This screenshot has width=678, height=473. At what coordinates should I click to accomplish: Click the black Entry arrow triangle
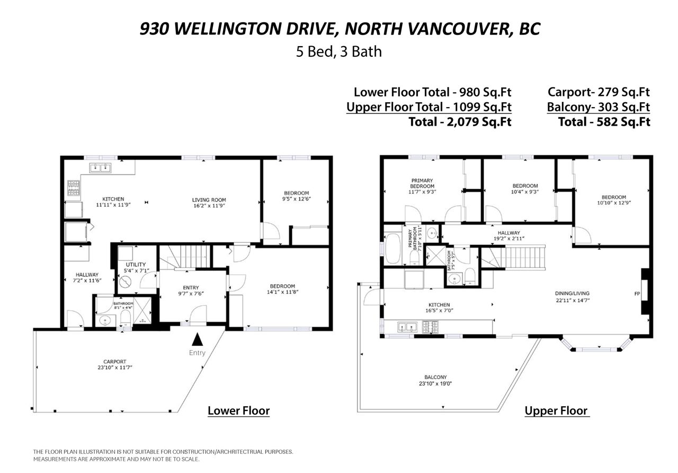pyautogui.click(x=198, y=339)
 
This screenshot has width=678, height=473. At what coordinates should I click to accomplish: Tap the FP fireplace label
pyautogui.click(x=637, y=294)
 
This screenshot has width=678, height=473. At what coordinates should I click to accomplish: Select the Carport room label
pyautogui.click(x=115, y=362)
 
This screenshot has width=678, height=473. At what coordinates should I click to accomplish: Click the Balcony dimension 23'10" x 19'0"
pyautogui.click(x=435, y=383)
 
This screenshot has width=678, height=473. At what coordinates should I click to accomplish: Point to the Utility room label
pyautogui.click(x=136, y=265)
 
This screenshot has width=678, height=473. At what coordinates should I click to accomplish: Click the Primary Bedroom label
pyautogui.click(x=422, y=183)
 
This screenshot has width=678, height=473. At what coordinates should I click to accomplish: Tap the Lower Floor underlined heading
pyautogui.click(x=238, y=411)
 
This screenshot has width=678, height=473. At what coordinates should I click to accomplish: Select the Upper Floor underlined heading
pyautogui.click(x=556, y=411)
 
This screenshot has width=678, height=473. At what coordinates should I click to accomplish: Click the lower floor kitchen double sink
pyautogui.click(x=100, y=168)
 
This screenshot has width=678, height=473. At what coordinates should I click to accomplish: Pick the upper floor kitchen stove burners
pyautogui.click(x=430, y=327)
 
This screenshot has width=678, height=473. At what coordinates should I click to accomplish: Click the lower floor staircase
pyautogui.click(x=185, y=257)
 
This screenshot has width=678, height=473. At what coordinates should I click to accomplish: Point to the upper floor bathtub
pyautogui.click(x=392, y=249)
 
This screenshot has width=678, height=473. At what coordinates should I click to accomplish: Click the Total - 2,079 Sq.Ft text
pyautogui.click(x=460, y=122)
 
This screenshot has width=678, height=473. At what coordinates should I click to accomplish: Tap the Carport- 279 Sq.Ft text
pyautogui.click(x=599, y=92)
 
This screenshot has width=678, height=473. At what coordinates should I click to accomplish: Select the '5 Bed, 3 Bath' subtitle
pyautogui.click(x=338, y=52)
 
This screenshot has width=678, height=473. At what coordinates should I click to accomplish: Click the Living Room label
pyautogui.click(x=209, y=200)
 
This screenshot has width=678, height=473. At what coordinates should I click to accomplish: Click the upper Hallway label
pyautogui.click(x=509, y=233)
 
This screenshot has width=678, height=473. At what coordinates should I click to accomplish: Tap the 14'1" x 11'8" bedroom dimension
pyautogui.click(x=282, y=292)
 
